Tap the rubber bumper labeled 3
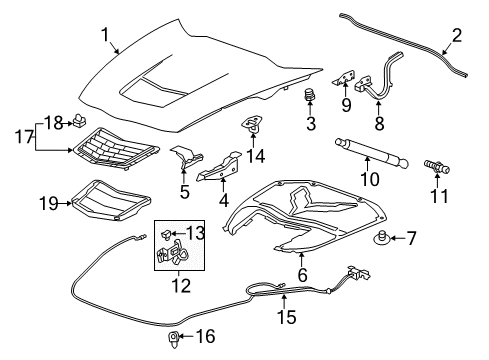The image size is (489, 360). pyautogui.click(x=310, y=98)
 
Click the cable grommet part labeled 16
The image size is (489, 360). pyautogui.click(x=173, y=337)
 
